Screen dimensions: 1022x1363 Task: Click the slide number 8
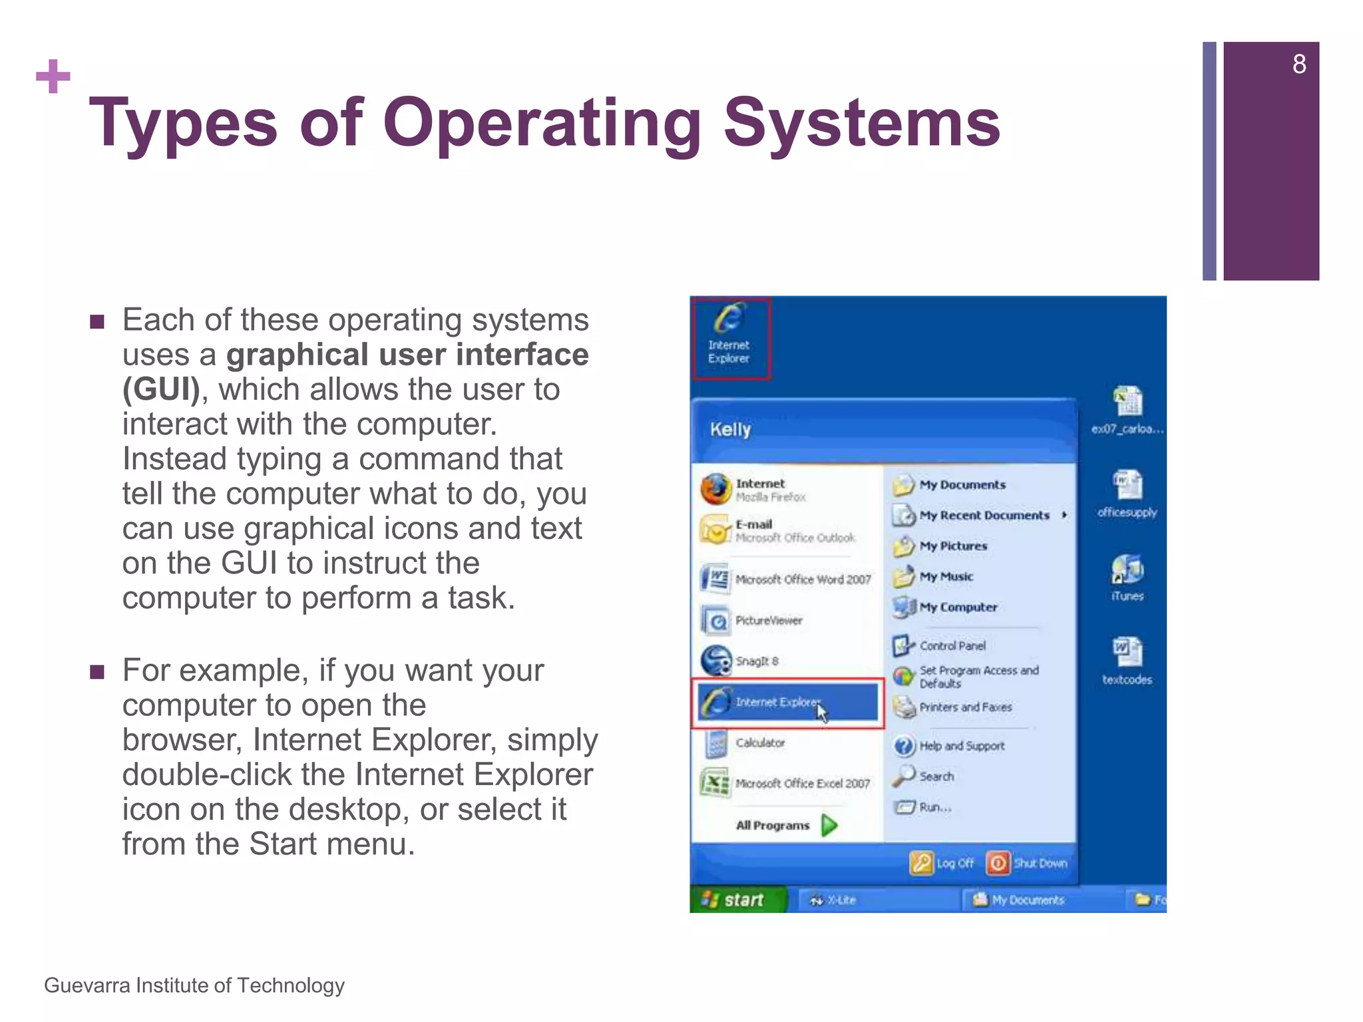1298,65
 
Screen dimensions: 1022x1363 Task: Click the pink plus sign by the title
53,77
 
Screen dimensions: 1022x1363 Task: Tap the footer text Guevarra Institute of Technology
194,985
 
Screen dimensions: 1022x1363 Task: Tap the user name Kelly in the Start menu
730,429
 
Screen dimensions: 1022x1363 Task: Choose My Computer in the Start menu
957,607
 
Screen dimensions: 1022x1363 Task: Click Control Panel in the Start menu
951,645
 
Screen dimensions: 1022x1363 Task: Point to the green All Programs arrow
829,825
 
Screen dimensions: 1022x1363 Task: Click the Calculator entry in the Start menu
759,743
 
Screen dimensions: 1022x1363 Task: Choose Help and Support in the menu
961,746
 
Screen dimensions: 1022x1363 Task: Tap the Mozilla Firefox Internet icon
715,489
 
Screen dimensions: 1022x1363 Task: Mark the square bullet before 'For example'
97,671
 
